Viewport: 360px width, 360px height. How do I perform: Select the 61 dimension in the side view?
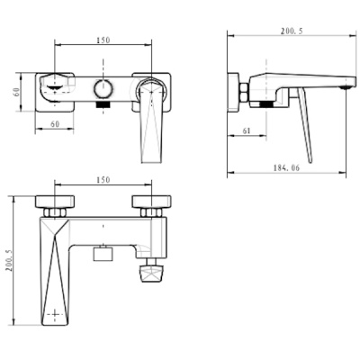247,130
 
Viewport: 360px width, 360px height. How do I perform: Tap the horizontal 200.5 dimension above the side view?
289,31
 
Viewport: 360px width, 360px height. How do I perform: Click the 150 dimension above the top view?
104,40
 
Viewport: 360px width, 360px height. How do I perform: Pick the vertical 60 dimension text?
16,91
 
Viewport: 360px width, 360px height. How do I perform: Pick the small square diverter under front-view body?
103,254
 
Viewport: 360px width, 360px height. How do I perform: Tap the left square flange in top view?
54,90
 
